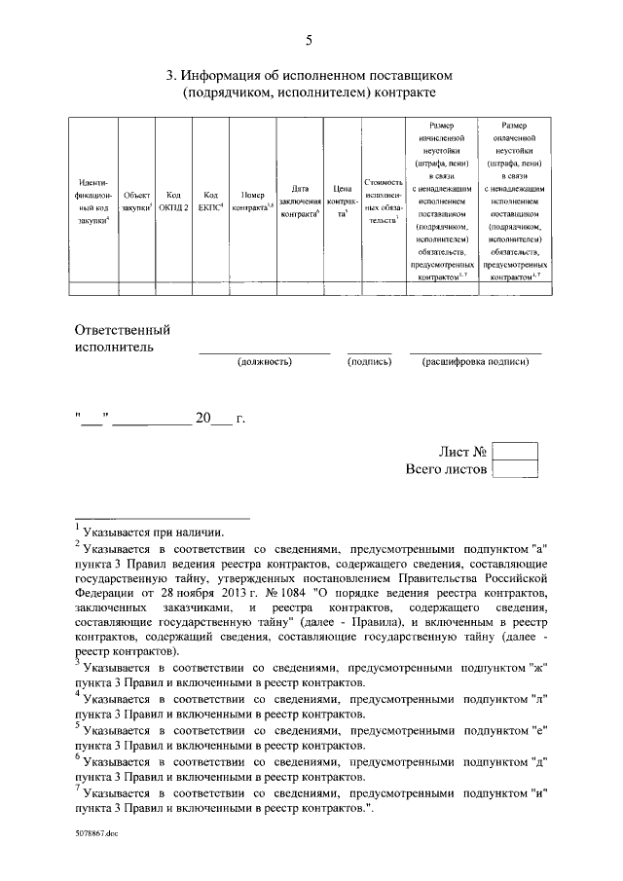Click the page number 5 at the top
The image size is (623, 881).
click(x=310, y=40)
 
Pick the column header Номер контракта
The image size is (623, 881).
click(x=253, y=201)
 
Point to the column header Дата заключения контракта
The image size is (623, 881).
click(x=300, y=201)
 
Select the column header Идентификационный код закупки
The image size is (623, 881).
click(x=94, y=201)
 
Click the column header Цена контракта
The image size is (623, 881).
click(x=341, y=201)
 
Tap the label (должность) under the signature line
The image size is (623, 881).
click(x=264, y=361)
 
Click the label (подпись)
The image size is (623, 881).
click(x=369, y=361)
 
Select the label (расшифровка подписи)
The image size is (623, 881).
click(x=475, y=361)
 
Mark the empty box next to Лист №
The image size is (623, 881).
click(x=515, y=452)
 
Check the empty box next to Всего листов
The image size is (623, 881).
click(x=515, y=469)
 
